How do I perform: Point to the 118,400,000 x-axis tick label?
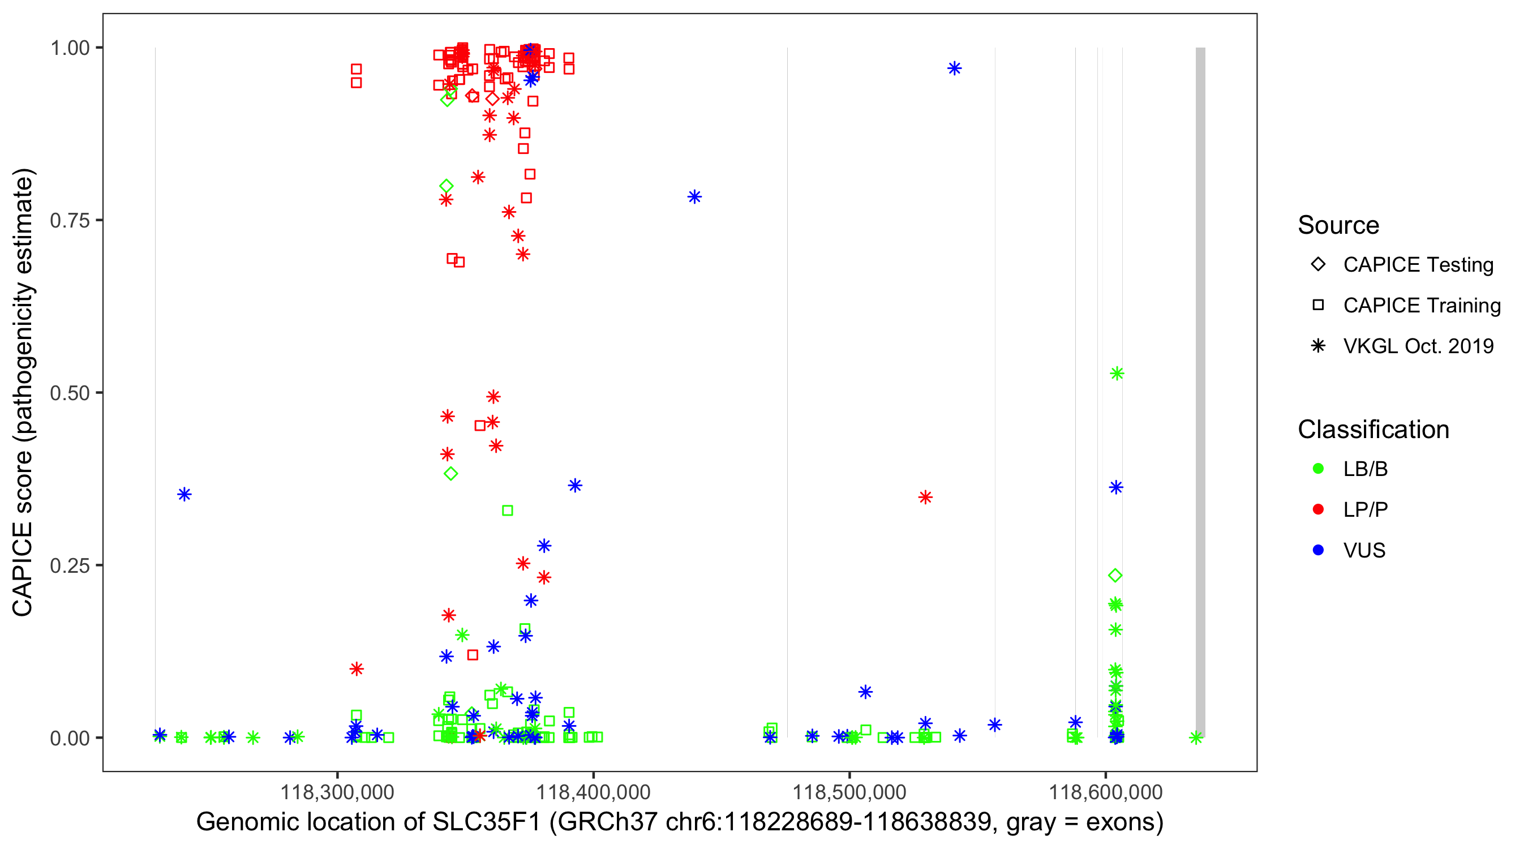[x=593, y=792]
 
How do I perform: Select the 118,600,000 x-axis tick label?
[x=1106, y=792]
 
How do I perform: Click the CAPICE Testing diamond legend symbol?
[x=1318, y=265]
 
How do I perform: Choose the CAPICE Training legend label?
[x=1422, y=306]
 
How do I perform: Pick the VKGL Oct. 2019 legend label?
[x=1418, y=346]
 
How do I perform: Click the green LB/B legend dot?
[x=1318, y=469]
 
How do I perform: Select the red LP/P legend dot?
[x=1318, y=509]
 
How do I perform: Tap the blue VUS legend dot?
[x=1318, y=551]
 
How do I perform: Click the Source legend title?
[x=1338, y=225]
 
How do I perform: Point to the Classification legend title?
[x=1373, y=430]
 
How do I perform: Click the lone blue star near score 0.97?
[x=954, y=69]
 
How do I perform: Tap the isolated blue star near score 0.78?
[x=694, y=197]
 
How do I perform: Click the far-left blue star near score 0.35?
[x=184, y=494]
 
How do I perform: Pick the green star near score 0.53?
[x=1117, y=374]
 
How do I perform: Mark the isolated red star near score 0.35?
[x=925, y=497]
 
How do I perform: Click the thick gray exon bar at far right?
[x=1200, y=392]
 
